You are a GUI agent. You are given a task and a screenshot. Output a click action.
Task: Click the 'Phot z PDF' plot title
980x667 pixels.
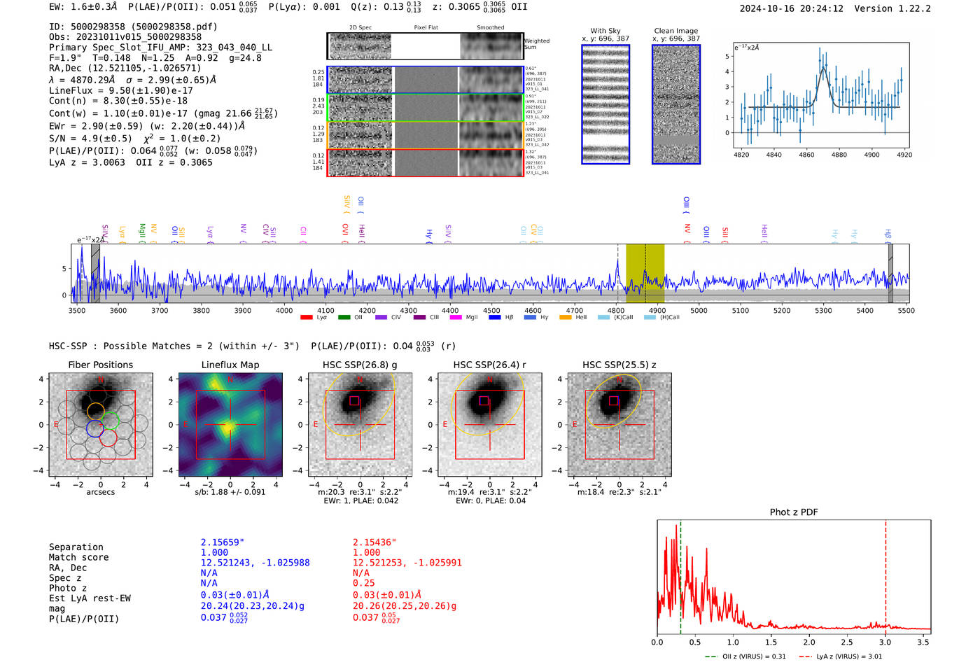793,512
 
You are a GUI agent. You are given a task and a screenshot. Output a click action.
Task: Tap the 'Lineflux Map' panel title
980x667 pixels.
230,365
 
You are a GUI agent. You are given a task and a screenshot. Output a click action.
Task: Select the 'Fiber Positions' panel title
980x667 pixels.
100,365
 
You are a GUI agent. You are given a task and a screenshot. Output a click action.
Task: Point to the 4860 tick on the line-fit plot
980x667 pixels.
806,155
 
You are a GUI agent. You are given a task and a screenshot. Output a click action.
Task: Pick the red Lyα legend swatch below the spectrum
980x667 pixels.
306,318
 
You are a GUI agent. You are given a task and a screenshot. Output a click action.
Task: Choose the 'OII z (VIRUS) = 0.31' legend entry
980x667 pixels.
753,657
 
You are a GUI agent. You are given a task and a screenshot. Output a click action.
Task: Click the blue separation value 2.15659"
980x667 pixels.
222,542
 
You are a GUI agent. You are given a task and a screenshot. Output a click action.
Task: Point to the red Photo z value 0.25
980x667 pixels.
363,583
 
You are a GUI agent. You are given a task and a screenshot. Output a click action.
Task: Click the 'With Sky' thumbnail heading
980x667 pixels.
605,31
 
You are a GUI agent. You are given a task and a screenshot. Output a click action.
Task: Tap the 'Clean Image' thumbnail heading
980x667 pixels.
675,31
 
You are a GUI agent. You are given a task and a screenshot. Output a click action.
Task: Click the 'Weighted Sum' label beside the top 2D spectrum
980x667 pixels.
536,43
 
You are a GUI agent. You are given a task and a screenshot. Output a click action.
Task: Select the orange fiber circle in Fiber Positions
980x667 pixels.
96,411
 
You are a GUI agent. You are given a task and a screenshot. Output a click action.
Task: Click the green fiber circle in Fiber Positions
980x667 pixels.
110,421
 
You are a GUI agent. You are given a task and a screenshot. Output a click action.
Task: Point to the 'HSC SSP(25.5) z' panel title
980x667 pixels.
619,365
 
